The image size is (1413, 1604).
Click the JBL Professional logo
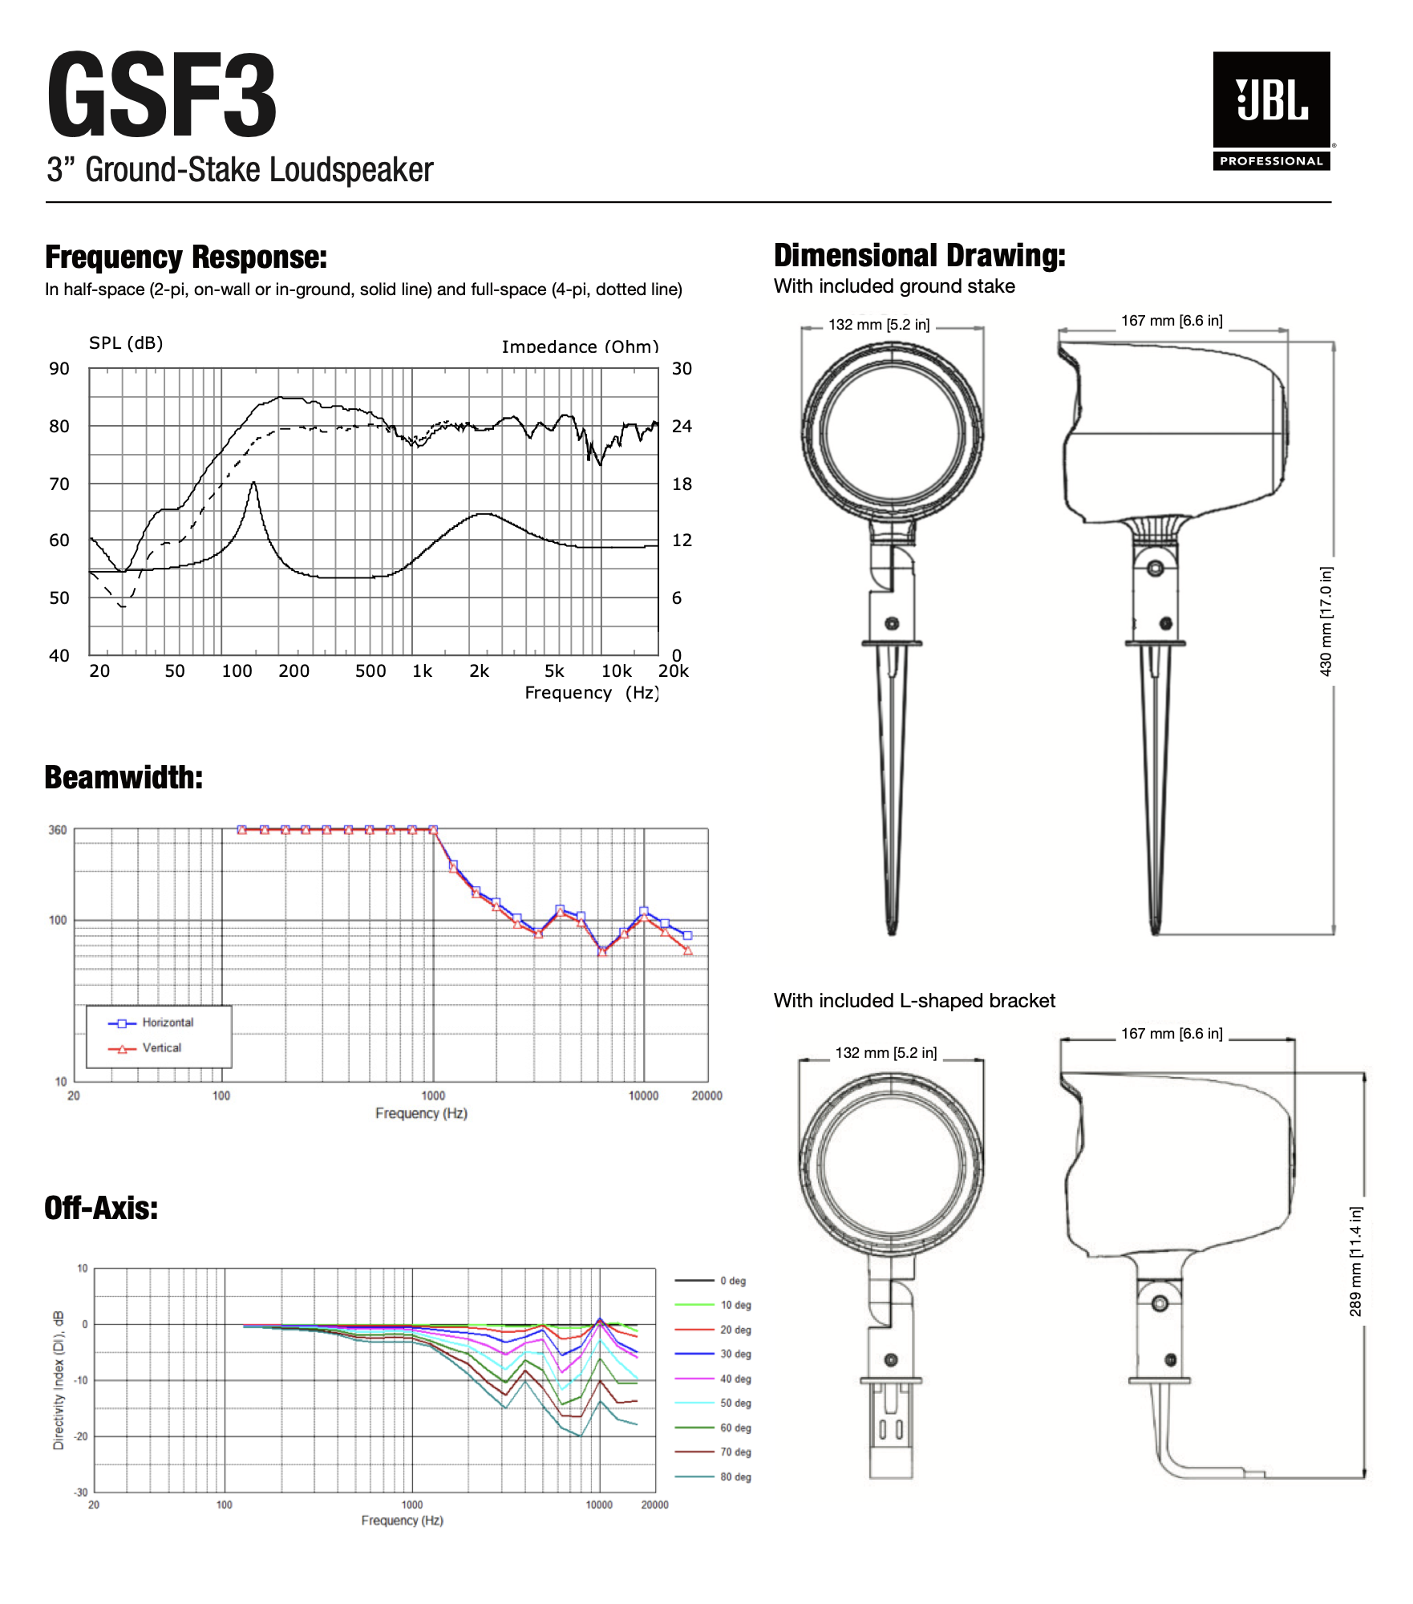click(1271, 111)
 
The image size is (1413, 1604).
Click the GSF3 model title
click(161, 95)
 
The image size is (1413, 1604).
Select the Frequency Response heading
click(186, 257)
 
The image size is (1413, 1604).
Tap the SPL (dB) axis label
click(126, 343)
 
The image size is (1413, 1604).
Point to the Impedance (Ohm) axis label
click(580, 346)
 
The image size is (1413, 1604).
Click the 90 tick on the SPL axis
click(59, 369)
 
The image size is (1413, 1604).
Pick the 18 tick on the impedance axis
click(682, 484)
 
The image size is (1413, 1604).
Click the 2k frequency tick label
click(479, 671)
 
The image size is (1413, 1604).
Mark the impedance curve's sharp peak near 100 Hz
click(253, 483)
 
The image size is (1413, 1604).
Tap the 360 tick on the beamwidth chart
click(58, 830)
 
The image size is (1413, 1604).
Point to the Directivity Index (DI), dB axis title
click(59, 1380)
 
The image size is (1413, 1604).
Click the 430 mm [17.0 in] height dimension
click(1326, 622)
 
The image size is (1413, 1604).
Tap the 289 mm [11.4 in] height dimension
click(1355, 1262)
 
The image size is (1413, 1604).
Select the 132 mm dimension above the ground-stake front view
click(879, 325)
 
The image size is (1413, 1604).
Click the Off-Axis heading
click(101, 1209)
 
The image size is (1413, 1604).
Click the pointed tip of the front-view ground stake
click(892, 932)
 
